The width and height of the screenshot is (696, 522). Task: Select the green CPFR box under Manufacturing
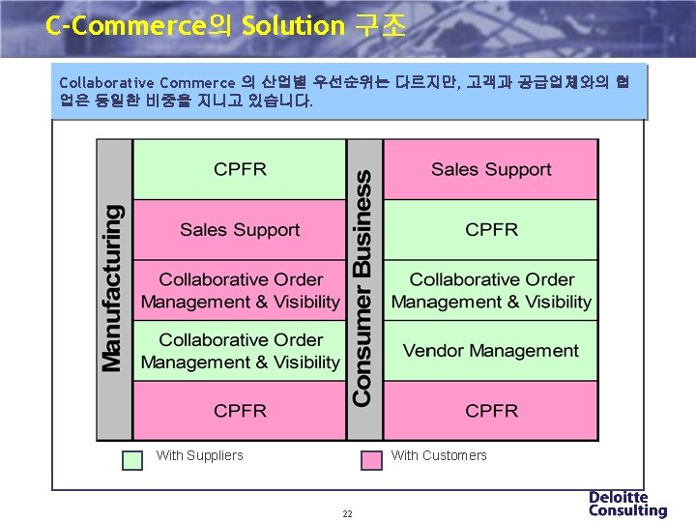tap(240, 170)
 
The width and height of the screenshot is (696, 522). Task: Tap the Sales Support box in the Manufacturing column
tap(240, 230)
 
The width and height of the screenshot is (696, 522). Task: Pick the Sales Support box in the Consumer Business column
tap(491, 170)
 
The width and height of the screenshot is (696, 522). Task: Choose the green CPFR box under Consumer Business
tap(491, 230)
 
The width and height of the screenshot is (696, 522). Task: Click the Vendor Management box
tap(491, 351)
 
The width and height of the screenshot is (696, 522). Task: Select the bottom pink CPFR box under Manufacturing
tap(240, 411)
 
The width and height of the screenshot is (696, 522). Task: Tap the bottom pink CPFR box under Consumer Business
tap(491, 411)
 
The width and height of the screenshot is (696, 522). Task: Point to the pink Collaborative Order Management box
tap(240, 291)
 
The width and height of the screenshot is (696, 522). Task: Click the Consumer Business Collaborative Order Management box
tap(491, 291)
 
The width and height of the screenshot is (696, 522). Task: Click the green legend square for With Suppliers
tap(132, 460)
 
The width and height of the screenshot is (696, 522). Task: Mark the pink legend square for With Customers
tap(371, 460)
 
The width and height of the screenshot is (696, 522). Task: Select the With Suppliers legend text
tap(200, 455)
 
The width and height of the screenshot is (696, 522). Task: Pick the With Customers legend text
tap(439, 455)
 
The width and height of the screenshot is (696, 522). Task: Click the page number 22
tap(347, 513)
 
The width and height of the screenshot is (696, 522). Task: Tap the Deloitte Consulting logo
tap(627, 504)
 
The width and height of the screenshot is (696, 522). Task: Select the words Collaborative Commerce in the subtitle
tap(147, 82)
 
